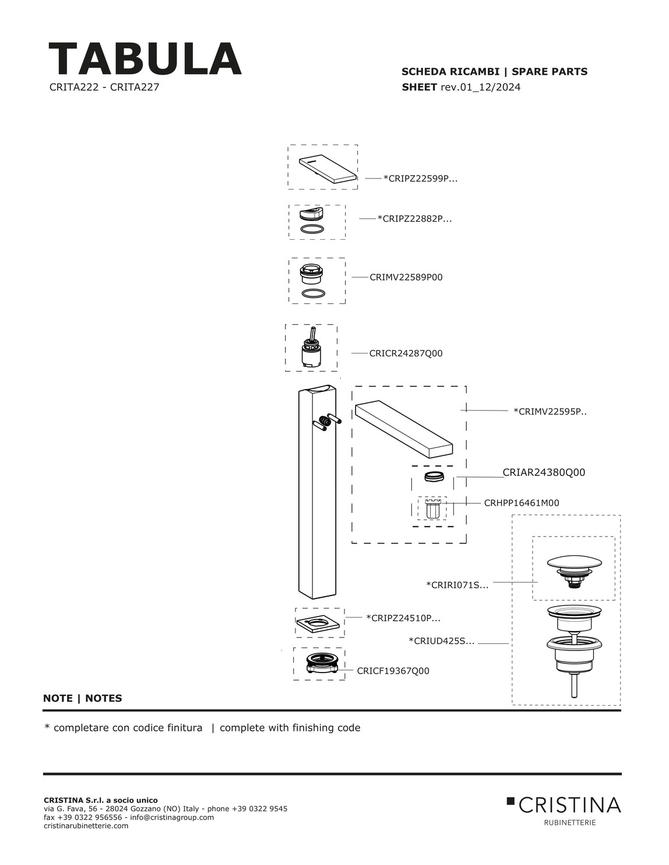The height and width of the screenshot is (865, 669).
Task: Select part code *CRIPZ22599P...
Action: click(x=420, y=178)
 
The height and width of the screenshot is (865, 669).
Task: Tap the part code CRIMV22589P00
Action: click(x=406, y=277)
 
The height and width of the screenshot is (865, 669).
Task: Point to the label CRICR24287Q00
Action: click(x=406, y=353)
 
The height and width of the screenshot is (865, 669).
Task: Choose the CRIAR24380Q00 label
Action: click(x=543, y=472)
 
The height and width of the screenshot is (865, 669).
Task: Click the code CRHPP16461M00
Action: click(x=521, y=503)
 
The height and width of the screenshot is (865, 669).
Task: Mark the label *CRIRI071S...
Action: click(x=457, y=585)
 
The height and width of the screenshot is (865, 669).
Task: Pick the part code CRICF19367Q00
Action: click(x=393, y=671)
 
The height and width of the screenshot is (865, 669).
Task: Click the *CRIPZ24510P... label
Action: click(x=403, y=618)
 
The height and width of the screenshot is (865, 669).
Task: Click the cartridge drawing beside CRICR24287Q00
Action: click(x=311, y=350)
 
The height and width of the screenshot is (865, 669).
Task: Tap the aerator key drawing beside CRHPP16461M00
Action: click(x=432, y=509)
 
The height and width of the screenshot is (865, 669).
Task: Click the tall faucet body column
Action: click(x=316, y=496)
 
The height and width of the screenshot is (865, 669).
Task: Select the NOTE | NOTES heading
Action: click(x=83, y=698)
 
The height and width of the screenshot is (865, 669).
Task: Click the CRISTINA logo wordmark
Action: click(x=569, y=806)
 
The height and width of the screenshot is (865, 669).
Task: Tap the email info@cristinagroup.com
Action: click(x=172, y=817)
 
